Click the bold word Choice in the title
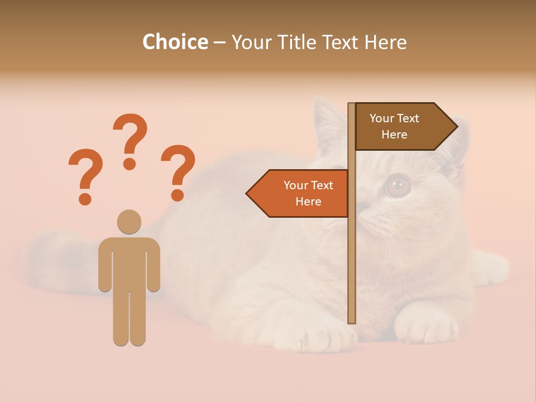pyautogui.click(x=175, y=42)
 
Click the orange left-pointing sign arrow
pyautogui.click(x=299, y=193)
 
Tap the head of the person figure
pyautogui.click(x=129, y=221)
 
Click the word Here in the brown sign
pyautogui.click(x=394, y=135)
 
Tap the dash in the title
pyautogui.click(x=219, y=42)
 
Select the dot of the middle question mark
pyautogui.click(x=130, y=164)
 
